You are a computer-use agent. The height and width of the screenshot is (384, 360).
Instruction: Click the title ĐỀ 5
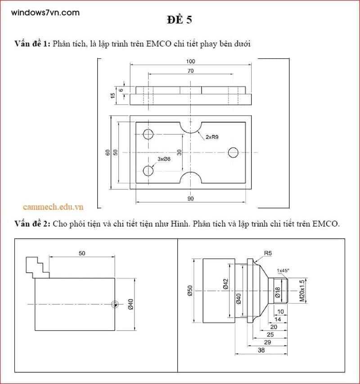click(180, 20)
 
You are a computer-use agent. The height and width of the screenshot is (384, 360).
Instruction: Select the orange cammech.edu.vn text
click(54, 206)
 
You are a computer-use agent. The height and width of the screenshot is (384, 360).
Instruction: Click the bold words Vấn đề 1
click(32, 44)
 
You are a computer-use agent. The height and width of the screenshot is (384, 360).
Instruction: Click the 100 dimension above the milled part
click(190, 61)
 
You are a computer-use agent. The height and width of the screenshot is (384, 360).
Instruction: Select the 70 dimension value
click(190, 71)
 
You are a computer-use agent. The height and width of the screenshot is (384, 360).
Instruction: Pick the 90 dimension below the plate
click(190, 198)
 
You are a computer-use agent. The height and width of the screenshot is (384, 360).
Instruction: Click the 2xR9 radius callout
click(212, 137)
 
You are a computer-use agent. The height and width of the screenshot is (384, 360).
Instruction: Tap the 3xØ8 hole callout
click(164, 159)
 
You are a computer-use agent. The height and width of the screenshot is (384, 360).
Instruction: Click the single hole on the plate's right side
click(233, 152)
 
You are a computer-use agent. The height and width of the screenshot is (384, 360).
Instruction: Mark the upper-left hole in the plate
click(148, 134)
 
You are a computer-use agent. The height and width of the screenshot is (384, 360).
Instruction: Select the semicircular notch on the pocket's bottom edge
click(191, 178)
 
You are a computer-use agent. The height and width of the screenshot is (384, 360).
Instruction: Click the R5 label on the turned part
click(268, 253)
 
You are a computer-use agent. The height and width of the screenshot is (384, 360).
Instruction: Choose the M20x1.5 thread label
click(302, 290)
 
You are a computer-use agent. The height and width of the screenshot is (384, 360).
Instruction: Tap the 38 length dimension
click(261, 350)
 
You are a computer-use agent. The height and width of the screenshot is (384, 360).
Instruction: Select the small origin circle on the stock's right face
click(115, 305)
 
